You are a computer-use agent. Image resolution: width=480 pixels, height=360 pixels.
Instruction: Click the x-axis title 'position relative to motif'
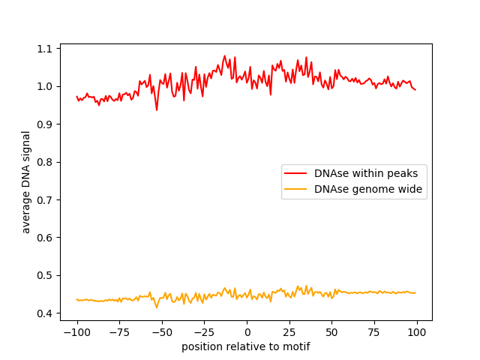[246, 346]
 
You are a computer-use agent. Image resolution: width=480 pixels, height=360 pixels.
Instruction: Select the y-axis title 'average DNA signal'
[26, 181]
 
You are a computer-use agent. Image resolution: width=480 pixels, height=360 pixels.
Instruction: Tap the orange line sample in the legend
[298, 190]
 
